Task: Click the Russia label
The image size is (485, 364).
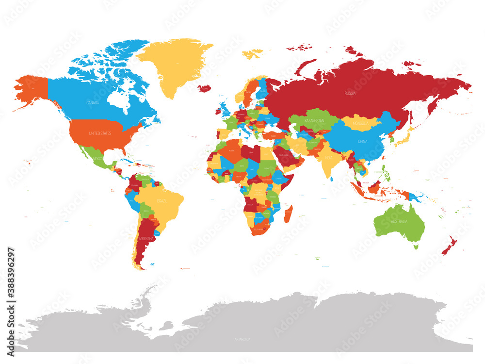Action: [350, 93]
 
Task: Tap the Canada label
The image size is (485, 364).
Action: [92, 103]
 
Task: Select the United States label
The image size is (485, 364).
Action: [99, 133]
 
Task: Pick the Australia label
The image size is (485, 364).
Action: [400, 221]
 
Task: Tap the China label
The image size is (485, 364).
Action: [362, 141]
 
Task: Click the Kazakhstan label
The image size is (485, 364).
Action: [314, 119]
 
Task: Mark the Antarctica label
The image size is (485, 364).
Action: [241, 339]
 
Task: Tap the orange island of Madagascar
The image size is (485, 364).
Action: [288, 214]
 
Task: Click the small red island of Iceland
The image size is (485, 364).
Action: [205, 88]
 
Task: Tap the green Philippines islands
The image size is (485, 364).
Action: [386, 173]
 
